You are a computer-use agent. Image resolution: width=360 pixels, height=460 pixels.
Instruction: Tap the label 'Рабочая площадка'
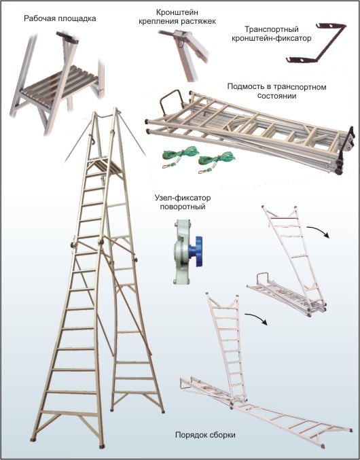tap(60, 19)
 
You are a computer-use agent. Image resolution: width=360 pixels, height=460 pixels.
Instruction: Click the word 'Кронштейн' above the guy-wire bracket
tap(177, 13)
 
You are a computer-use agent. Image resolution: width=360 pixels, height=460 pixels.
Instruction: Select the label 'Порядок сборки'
tap(205, 435)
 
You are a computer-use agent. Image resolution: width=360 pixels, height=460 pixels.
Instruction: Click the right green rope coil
tap(215, 161)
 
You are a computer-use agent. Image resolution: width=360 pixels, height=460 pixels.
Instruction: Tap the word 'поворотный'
tap(182, 207)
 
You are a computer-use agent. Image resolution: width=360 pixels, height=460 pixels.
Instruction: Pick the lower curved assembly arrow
tap(257, 317)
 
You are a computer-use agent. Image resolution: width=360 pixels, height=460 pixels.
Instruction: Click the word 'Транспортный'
tap(272, 29)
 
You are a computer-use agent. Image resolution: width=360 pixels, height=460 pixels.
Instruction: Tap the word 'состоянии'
tap(276, 96)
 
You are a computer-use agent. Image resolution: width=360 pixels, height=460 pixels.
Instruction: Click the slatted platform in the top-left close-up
tap(60, 84)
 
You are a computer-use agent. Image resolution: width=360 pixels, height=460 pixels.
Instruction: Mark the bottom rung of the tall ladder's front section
tap(69, 413)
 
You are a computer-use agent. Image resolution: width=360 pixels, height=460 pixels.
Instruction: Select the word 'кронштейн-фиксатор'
tap(272, 39)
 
